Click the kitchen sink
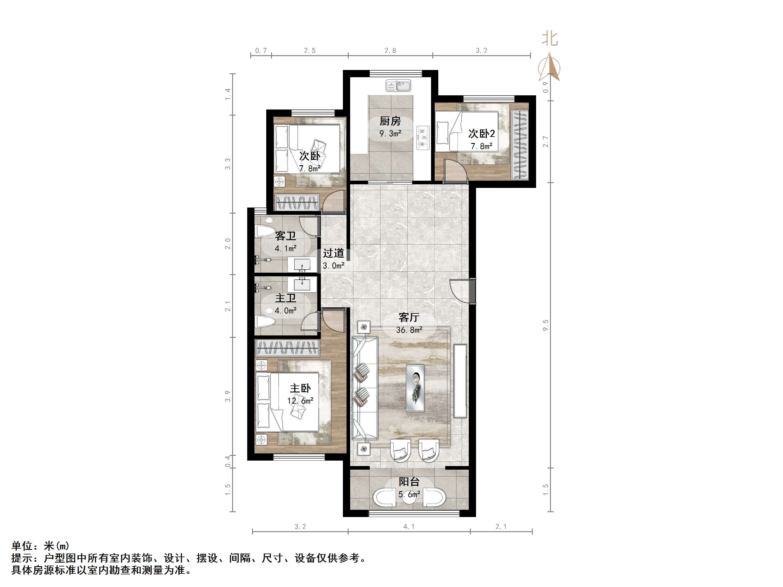click(x=398, y=86)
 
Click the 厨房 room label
click(x=390, y=121)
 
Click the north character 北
click(x=550, y=39)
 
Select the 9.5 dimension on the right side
click(x=545, y=325)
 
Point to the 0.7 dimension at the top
click(x=261, y=51)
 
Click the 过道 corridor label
click(x=334, y=253)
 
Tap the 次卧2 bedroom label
click(x=481, y=134)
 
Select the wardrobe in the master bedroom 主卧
click(x=287, y=348)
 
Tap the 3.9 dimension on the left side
click(x=228, y=396)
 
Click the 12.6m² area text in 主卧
click(x=300, y=401)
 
